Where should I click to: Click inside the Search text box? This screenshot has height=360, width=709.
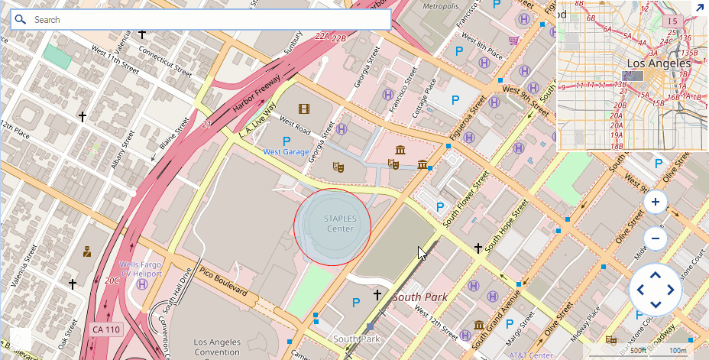[x=206, y=20]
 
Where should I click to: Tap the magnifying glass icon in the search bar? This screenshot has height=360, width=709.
[x=21, y=20]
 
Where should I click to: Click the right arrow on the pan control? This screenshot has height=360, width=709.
[x=671, y=290]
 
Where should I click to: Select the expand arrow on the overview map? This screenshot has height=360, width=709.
[x=698, y=8]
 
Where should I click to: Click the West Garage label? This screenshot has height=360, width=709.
[x=287, y=152]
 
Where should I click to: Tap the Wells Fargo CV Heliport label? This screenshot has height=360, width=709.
[x=141, y=270]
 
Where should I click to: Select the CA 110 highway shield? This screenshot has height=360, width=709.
[x=105, y=329]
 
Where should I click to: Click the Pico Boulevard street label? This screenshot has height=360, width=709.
[x=223, y=281]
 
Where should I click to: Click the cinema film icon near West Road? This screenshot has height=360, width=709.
[x=304, y=109]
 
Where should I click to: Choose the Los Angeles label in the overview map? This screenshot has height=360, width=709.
[x=659, y=63]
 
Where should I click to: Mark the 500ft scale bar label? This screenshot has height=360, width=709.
[x=638, y=350]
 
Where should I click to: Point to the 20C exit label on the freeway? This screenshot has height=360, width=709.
[x=112, y=281]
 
